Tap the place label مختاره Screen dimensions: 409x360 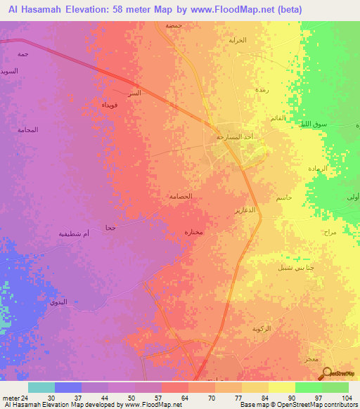(193, 232)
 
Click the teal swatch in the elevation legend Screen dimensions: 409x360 (41, 387)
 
